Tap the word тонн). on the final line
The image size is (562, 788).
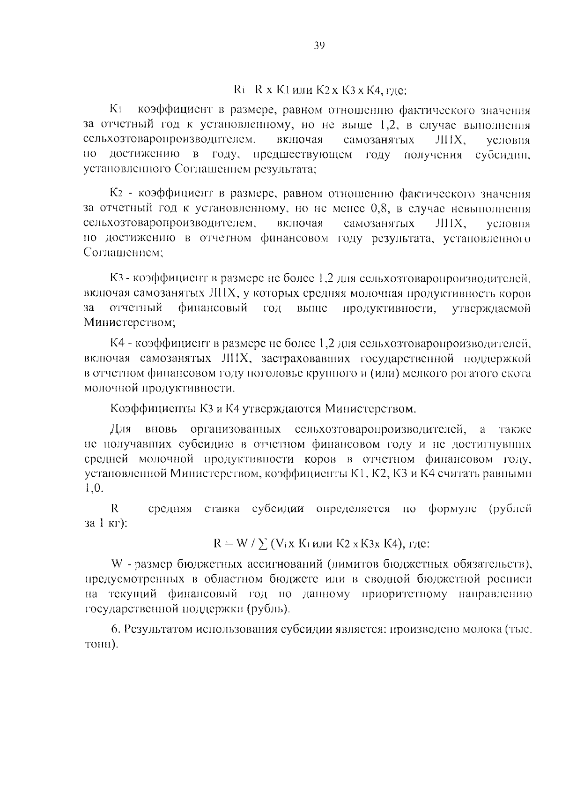[100, 645]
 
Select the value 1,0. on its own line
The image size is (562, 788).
[93, 488]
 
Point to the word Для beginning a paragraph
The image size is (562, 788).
[121, 429]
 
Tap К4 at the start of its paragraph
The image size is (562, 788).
[117, 344]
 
